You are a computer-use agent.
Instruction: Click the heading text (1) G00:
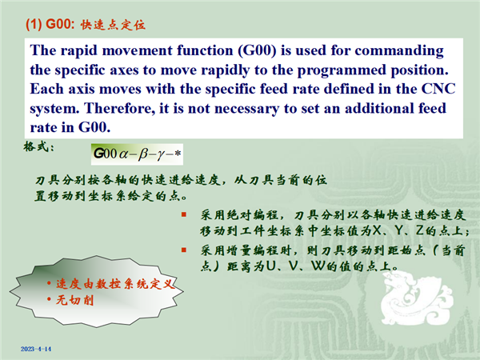(50, 24)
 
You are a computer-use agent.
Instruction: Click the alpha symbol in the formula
(123, 154)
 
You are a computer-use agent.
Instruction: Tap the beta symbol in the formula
(143, 154)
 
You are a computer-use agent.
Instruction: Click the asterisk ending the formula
(178, 153)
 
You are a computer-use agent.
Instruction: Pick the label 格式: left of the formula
(39, 146)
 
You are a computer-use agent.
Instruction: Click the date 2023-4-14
(36, 349)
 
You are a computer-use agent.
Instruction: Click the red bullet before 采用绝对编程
(184, 214)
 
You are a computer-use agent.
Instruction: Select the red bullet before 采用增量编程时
(184, 250)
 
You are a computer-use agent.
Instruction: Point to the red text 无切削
(74, 300)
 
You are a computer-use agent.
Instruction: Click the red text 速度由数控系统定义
(115, 284)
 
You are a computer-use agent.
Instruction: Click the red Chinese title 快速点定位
(113, 25)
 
